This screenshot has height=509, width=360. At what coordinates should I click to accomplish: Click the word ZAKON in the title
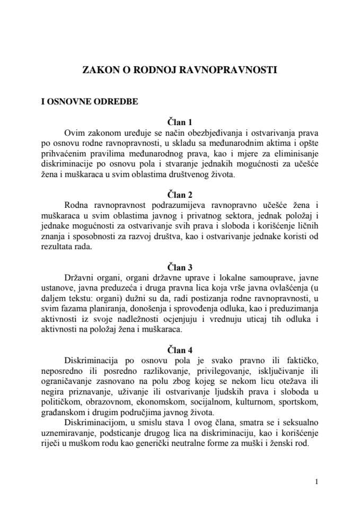[x=99, y=69]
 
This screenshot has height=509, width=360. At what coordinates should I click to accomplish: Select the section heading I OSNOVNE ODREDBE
[x=90, y=103]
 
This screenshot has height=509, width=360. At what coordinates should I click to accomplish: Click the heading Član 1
[x=179, y=122]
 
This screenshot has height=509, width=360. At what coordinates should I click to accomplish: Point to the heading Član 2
[x=179, y=191]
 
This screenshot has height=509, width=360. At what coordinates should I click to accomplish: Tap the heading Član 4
[x=179, y=349]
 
